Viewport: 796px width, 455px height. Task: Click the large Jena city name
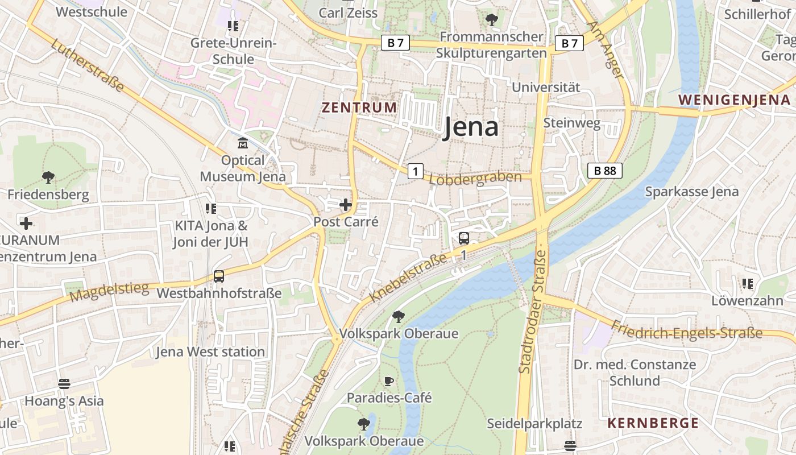click(x=471, y=127)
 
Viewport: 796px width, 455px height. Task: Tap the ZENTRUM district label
click(x=359, y=107)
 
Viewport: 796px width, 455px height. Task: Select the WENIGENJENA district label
click(x=734, y=100)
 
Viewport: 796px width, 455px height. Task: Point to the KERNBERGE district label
click(x=653, y=423)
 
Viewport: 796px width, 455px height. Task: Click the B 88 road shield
click(x=605, y=170)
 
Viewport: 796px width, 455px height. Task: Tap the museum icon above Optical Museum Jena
click(x=243, y=142)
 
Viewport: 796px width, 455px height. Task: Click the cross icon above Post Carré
click(x=345, y=205)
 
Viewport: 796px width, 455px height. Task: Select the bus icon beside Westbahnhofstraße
click(x=219, y=276)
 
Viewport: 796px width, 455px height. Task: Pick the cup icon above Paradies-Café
click(x=389, y=380)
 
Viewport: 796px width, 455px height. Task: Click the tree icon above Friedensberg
click(x=48, y=177)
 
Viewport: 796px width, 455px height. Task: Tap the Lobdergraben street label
click(x=475, y=179)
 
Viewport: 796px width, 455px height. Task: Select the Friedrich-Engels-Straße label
click(x=686, y=330)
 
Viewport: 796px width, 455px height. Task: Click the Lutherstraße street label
click(x=87, y=65)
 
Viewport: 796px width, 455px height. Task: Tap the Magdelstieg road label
click(x=109, y=292)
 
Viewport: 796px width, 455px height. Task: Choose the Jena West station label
click(x=210, y=352)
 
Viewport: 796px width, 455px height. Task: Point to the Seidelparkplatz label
click(x=534, y=424)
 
